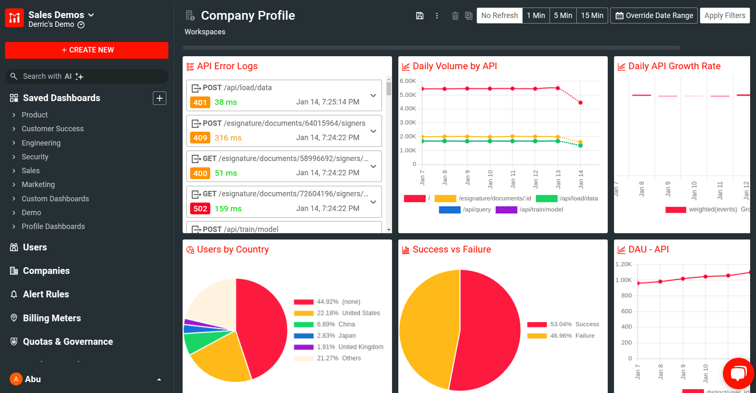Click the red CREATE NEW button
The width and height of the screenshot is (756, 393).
pyautogui.click(x=87, y=50)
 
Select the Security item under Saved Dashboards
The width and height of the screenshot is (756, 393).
pyautogui.click(x=35, y=157)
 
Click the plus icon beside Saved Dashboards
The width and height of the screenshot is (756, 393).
pyautogui.click(x=160, y=98)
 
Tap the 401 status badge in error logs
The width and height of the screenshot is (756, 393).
pyautogui.click(x=200, y=102)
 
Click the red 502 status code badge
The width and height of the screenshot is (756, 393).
pyautogui.click(x=200, y=209)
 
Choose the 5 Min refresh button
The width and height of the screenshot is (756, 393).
pyautogui.click(x=562, y=16)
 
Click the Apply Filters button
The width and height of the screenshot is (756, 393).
pyautogui.click(x=725, y=16)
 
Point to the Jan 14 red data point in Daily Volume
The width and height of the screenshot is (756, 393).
pyautogui.click(x=581, y=103)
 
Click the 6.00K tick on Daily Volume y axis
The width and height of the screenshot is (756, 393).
pyautogui.click(x=408, y=81)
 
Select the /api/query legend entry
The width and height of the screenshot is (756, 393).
pyautogui.click(x=465, y=210)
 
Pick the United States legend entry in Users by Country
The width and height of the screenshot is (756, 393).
pyautogui.click(x=337, y=313)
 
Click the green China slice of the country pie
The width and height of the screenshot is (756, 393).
pyautogui.click(x=197, y=342)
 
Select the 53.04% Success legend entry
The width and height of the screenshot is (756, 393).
pyautogui.click(x=563, y=325)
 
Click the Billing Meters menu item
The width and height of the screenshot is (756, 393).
pyautogui.click(x=52, y=318)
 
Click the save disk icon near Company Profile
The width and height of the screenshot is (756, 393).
pyautogui.click(x=420, y=16)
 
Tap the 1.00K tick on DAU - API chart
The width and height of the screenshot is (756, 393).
pyautogui.click(x=623, y=280)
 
